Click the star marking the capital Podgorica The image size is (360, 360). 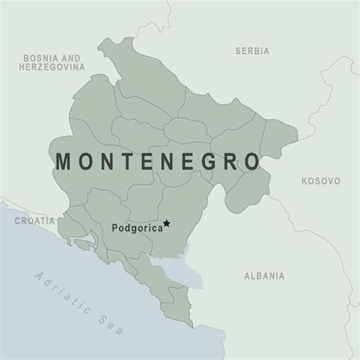click(x=167, y=223)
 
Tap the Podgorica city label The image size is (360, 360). click(x=136, y=226)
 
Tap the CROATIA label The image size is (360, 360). click(x=35, y=220)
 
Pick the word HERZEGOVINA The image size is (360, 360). click(x=51, y=68)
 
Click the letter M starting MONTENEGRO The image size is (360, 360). click(x=63, y=162)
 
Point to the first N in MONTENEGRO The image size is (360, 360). click(x=106, y=162)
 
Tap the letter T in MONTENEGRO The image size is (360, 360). click(x=127, y=162)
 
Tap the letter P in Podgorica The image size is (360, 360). click(x=115, y=226)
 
